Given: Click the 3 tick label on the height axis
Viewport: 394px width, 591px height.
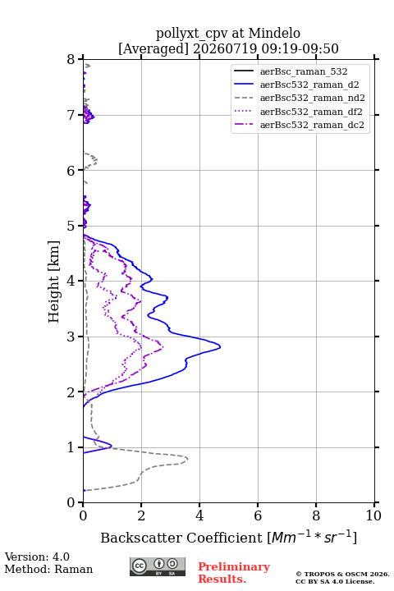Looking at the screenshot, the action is pyautogui.click(x=71, y=337).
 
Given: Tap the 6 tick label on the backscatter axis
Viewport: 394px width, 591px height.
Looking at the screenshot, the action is pyautogui.click(x=258, y=515).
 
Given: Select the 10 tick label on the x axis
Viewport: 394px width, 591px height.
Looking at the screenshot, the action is pyautogui.click(x=373, y=515).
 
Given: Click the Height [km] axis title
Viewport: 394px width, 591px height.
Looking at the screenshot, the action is pyautogui.click(x=54, y=282).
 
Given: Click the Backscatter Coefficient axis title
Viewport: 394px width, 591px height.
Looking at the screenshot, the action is pyautogui.click(x=228, y=537).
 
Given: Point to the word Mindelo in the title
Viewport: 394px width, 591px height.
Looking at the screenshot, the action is pyautogui.click(x=274, y=33).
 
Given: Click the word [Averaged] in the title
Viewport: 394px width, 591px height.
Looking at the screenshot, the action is pyautogui.click(x=153, y=48).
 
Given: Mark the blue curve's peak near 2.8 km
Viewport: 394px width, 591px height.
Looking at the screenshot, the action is pyautogui.click(x=220, y=346).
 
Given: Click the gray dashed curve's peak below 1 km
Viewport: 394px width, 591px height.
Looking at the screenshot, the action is pyautogui.click(x=187, y=459).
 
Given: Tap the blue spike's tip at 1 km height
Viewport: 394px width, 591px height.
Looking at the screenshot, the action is pyautogui.click(x=112, y=446).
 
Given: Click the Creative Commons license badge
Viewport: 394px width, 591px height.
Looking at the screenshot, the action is pyautogui.click(x=158, y=566).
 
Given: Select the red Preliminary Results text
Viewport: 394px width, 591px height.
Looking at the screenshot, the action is pyautogui.click(x=234, y=572).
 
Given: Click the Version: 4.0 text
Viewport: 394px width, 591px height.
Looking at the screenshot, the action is pyautogui.click(x=37, y=557).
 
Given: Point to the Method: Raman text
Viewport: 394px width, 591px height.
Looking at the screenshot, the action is pyautogui.click(x=48, y=569).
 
